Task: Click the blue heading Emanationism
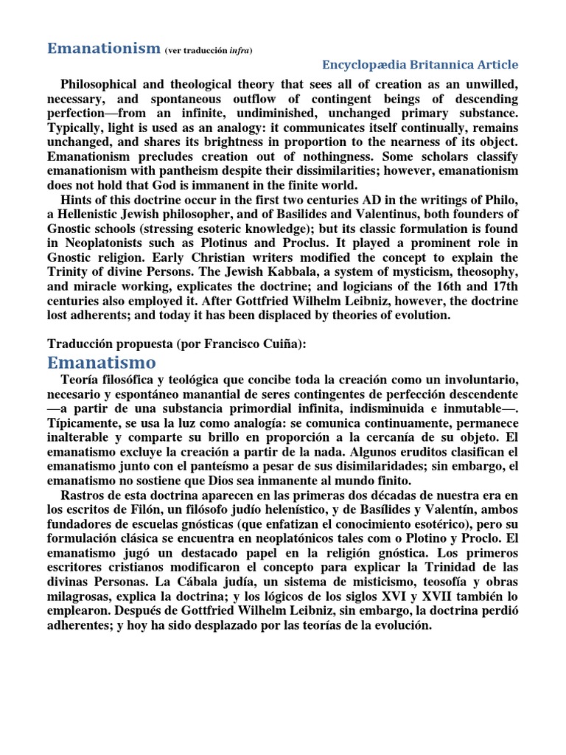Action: (x=103, y=48)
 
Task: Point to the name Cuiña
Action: (x=282, y=344)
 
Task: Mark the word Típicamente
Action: (x=85, y=423)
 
